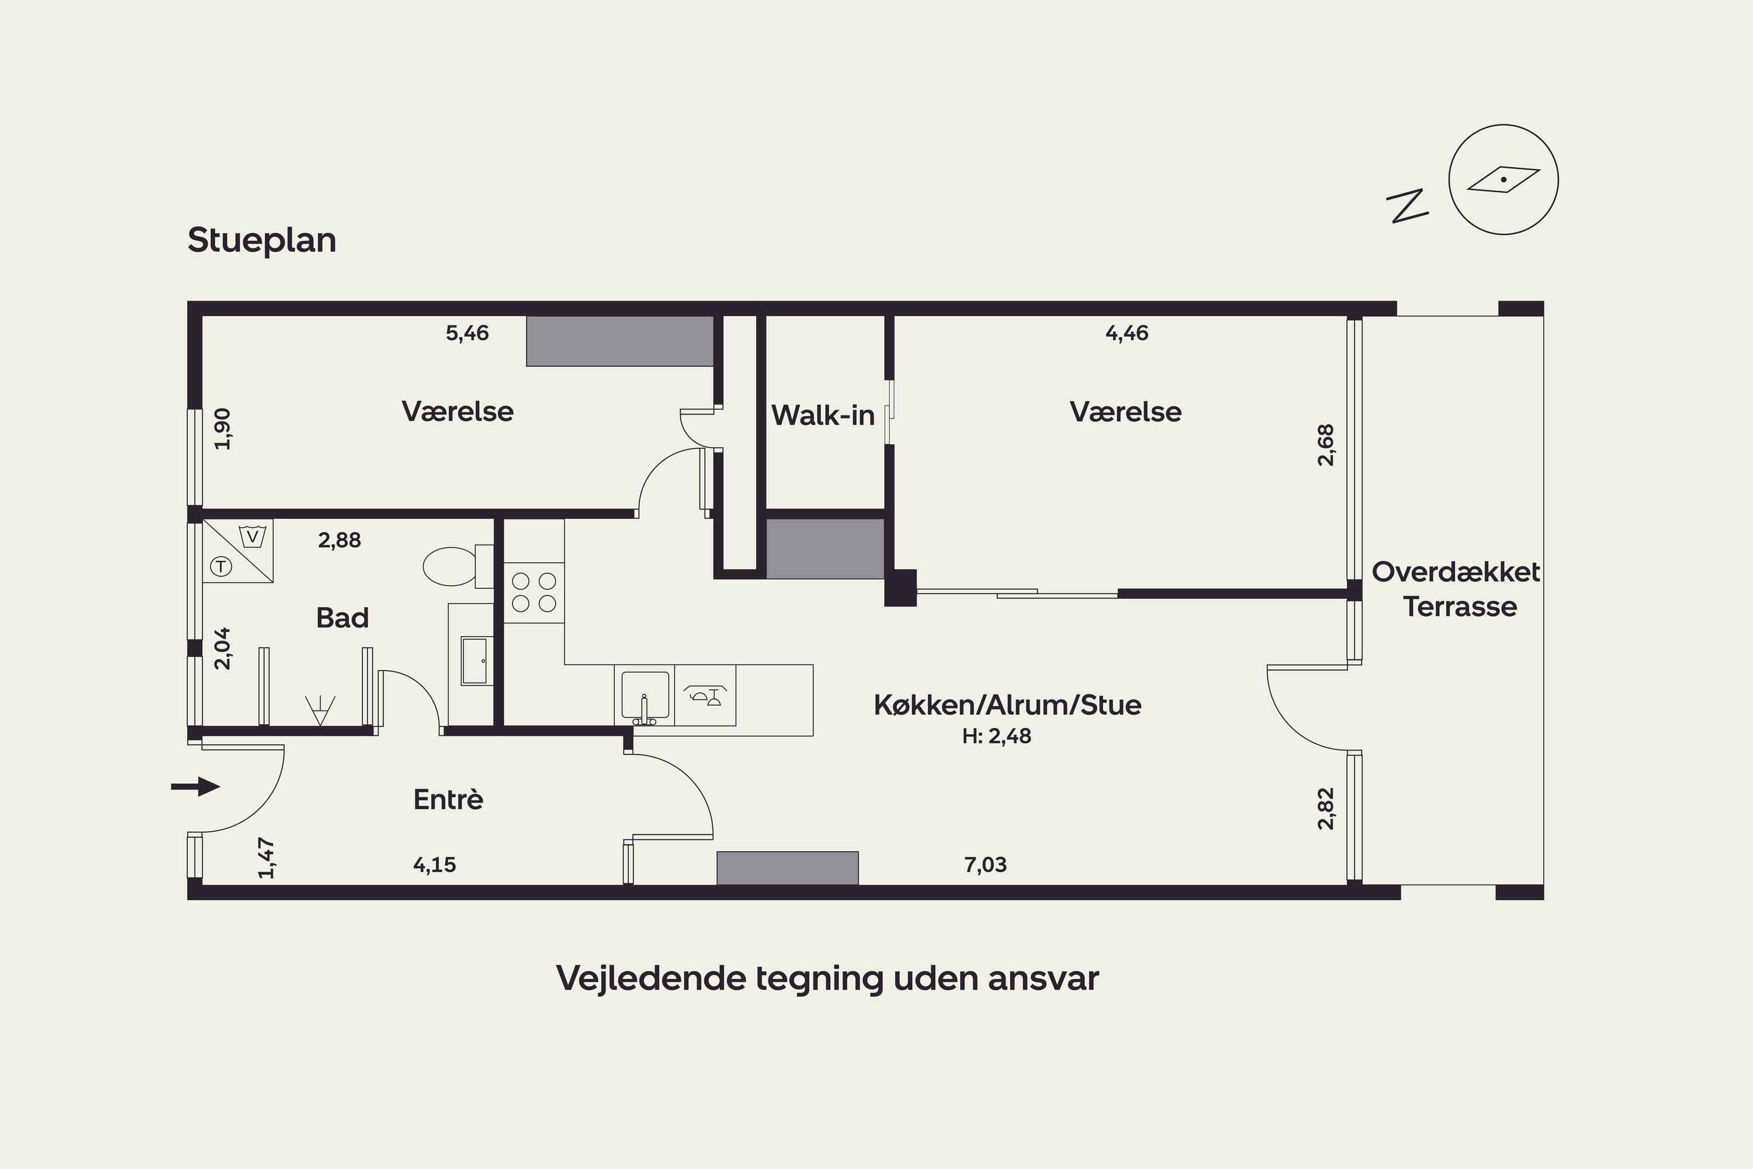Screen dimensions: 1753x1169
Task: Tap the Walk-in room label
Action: tap(823, 415)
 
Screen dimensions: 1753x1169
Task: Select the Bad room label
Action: tap(342, 617)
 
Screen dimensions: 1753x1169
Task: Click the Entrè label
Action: tap(448, 799)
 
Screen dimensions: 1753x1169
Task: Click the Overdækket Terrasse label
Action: tap(1456, 589)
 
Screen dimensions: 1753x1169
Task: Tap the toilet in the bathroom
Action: tap(458, 566)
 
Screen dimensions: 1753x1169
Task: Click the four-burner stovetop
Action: tap(533, 593)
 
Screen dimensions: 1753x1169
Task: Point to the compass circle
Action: tap(1503, 179)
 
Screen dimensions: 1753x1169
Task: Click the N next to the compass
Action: tap(1407, 206)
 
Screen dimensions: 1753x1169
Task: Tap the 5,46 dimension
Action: tap(467, 333)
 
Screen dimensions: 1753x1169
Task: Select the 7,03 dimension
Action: tap(985, 865)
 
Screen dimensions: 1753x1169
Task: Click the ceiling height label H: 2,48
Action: tap(996, 736)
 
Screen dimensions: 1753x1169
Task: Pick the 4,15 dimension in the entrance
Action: tap(435, 865)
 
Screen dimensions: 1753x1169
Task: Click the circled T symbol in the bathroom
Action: tap(221, 566)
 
